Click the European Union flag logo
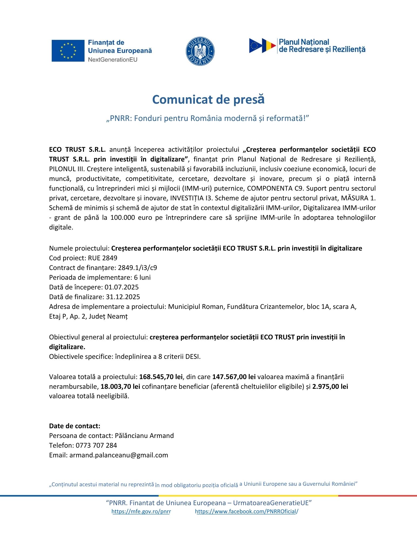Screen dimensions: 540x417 click(68, 51)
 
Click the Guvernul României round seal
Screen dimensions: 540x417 click(200, 51)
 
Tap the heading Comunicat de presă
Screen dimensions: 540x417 click(208, 99)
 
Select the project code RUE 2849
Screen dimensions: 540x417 click(103, 258)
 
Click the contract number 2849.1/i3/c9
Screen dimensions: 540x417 click(137, 268)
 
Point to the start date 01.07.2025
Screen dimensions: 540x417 click(121, 287)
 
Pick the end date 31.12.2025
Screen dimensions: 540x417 click(123, 297)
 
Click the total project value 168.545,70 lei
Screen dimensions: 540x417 click(161, 377)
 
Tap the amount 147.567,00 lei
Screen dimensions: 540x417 click(234, 377)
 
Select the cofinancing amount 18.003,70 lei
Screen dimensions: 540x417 click(120, 386)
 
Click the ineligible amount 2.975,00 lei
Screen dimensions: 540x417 click(330, 386)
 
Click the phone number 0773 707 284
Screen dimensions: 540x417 click(96, 445)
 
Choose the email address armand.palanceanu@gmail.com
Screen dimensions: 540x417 click(119, 455)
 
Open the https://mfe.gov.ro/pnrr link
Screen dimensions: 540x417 click(141, 511)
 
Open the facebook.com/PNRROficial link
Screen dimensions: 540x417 click(246, 511)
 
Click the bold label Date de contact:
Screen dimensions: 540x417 click(74, 426)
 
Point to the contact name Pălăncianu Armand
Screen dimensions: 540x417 click(144, 436)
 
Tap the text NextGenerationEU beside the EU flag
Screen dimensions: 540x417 click(113, 59)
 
